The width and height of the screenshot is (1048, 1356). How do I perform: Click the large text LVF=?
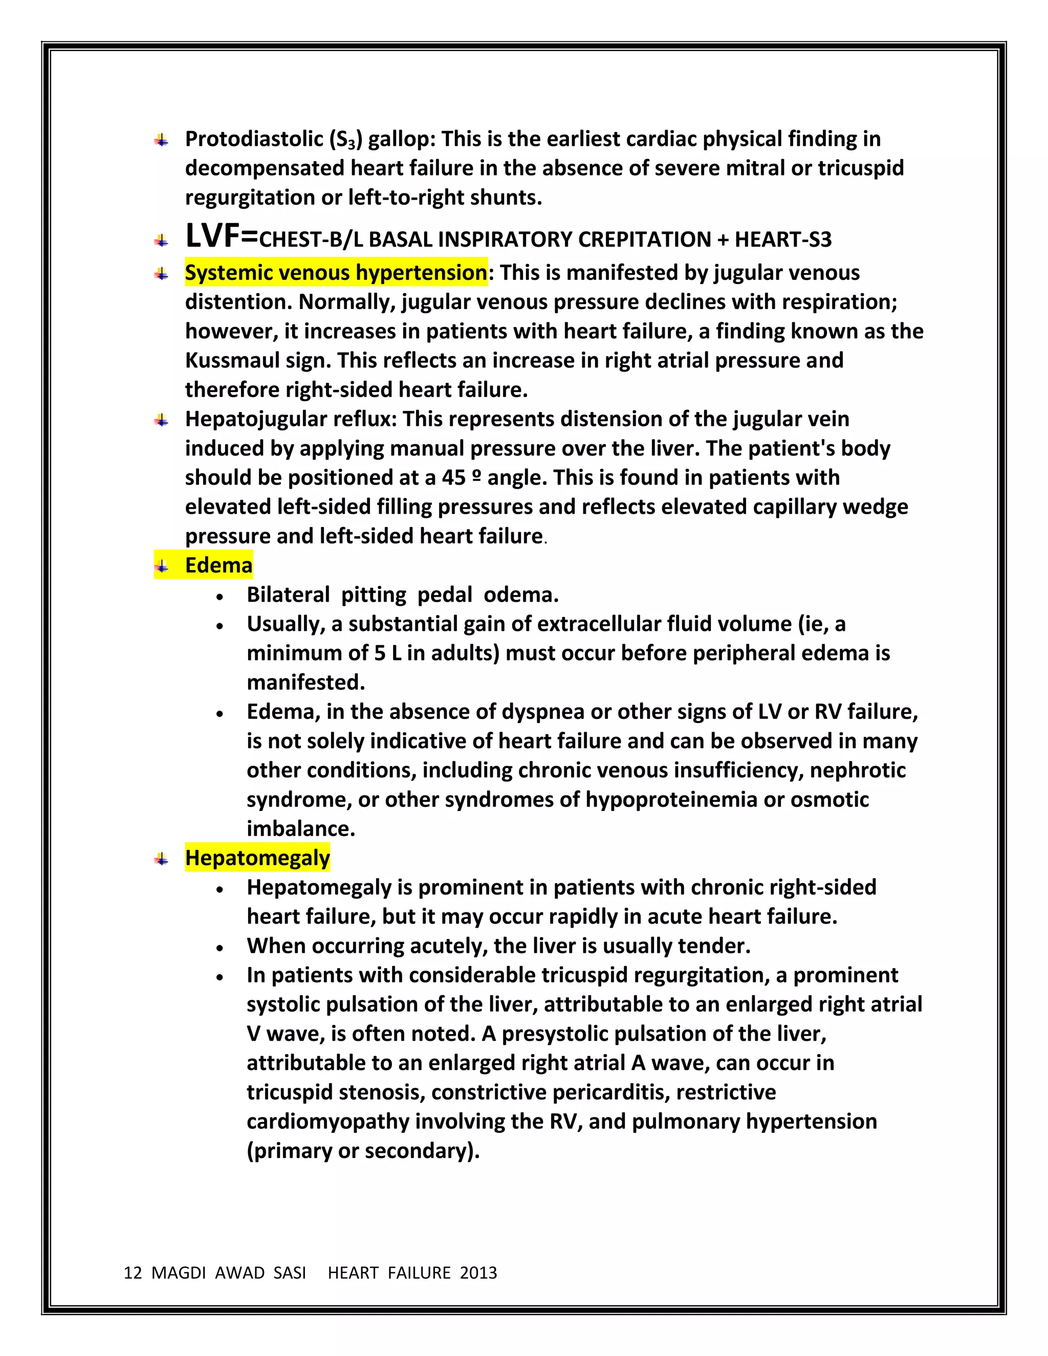point(221,236)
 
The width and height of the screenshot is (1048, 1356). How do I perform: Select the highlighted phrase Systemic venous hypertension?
point(336,273)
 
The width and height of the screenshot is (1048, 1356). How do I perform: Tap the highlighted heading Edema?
point(219,565)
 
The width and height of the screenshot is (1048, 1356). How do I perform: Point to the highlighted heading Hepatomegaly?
point(257,858)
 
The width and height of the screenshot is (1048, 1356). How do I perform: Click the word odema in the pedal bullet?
point(520,595)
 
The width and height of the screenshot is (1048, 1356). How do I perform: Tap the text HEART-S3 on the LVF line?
point(783,239)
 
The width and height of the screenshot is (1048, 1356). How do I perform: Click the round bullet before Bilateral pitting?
point(220,597)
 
